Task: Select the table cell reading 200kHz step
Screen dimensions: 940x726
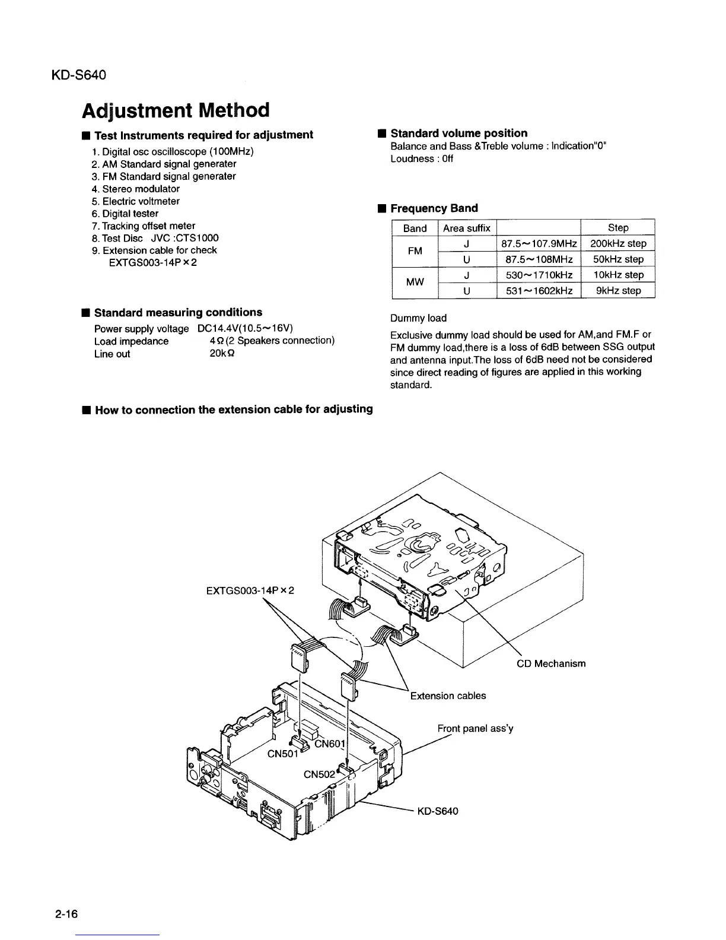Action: coord(618,244)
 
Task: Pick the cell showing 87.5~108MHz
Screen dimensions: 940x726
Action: coord(538,259)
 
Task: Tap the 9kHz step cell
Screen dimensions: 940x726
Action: coord(618,291)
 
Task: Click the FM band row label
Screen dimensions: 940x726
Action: coord(415,251)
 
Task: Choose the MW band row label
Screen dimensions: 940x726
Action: coord(415,282)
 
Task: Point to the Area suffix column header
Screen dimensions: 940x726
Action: coord(466,228)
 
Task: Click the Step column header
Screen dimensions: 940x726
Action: coord(618,228)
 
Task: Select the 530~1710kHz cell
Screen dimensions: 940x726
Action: coord(538,275)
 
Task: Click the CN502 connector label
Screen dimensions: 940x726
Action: coord(320,774)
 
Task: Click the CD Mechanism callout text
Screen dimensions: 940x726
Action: coord(551,663)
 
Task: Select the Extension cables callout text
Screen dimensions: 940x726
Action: coord(448,696)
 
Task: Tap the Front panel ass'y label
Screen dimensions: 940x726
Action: coord(475,728)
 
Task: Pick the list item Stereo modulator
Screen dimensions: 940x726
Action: coord(141,189)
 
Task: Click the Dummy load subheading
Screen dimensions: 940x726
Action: coord(418,318)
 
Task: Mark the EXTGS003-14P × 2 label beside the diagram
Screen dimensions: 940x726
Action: coord(250,590)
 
